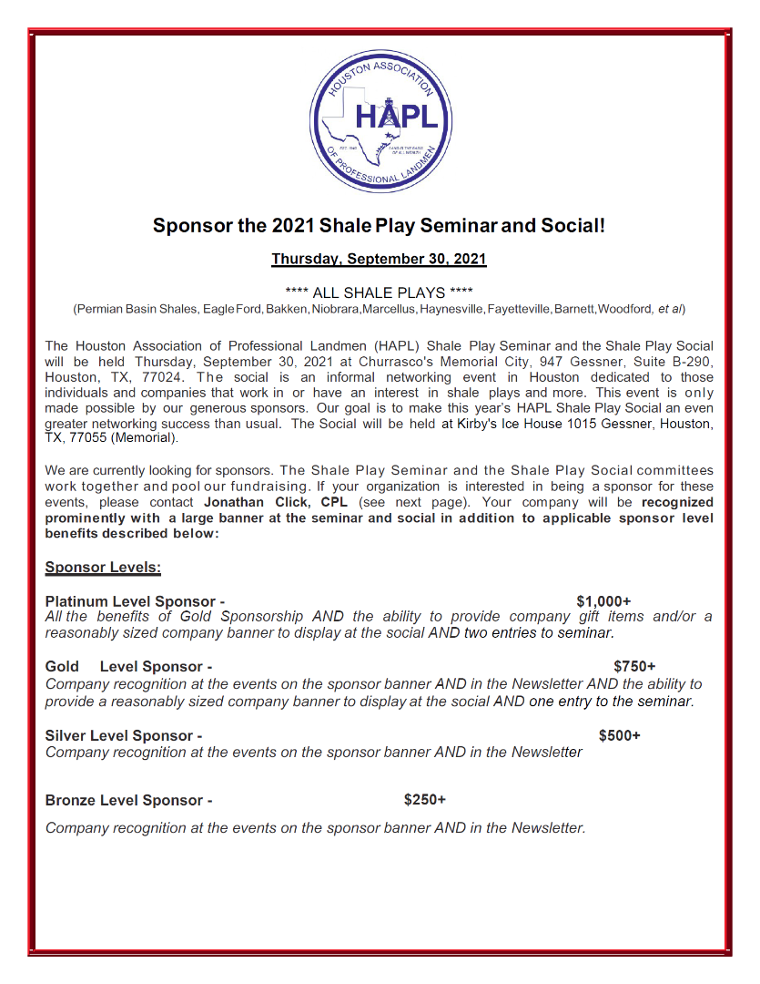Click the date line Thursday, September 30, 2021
[379, 259]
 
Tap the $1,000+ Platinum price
[603, 601]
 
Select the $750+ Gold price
[634, 667]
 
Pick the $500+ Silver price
[619, 735]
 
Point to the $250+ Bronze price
[425, 800]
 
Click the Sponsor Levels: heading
[103, 568]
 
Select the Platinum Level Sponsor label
[135, 601]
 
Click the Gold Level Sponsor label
[128, 667]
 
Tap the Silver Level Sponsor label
[124, 735]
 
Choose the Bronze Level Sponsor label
[128, 801]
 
